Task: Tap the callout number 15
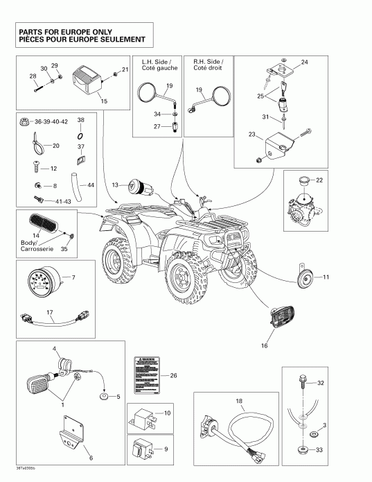[x=105, y=101]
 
